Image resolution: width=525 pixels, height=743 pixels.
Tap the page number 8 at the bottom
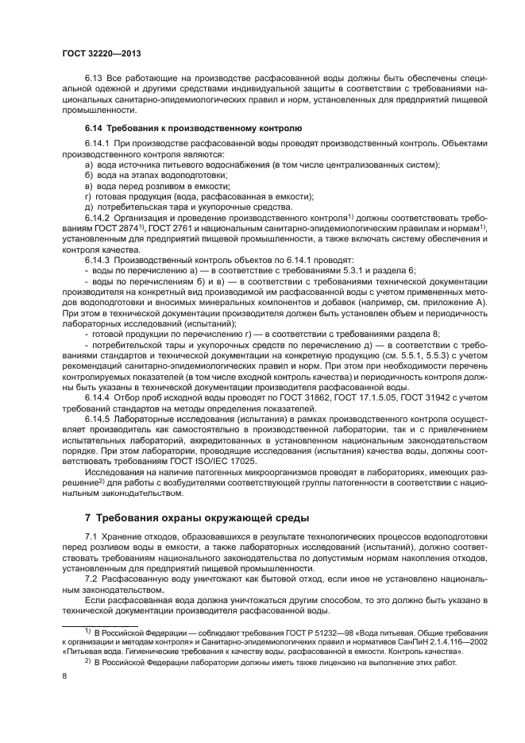pyautogui.click(x=64, y=675)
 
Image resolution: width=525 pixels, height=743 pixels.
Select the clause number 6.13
pyautogui.click(x=93, y=81)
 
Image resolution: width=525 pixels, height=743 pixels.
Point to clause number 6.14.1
pyautogui.click(x=98, y=142)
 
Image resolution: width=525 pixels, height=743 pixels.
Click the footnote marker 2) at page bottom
pyautogui.click(x=89, y=660)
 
